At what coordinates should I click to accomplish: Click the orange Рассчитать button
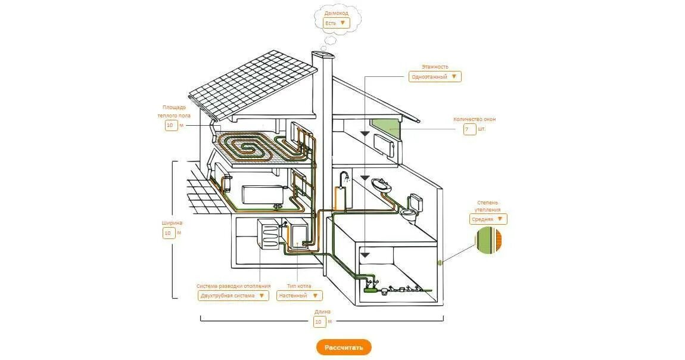[x=344, y=347]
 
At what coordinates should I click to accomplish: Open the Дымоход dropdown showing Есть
[x=337, y=23]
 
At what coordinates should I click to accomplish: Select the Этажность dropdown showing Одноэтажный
[x=435, y=77]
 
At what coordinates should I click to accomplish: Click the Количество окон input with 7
[x=470, y=129]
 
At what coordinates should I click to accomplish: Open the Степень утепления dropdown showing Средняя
[x=488, y=219]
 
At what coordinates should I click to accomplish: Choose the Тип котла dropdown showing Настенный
[x=299, y=296]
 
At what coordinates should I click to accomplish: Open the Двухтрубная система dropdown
[x=233, y=296]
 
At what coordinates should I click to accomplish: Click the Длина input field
[x=320, y=322]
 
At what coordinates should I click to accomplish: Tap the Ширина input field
[x=169, y=233]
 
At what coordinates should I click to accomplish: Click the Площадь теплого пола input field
[x=171, y=126]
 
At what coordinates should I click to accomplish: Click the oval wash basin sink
[x=381, y=184]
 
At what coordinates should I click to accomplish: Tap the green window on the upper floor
[x=386, y=126]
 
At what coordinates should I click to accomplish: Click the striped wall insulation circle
[x=488, y=241]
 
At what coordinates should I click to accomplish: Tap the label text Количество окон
[x=474, y=119]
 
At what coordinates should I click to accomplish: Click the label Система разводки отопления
[x=233, y=286]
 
